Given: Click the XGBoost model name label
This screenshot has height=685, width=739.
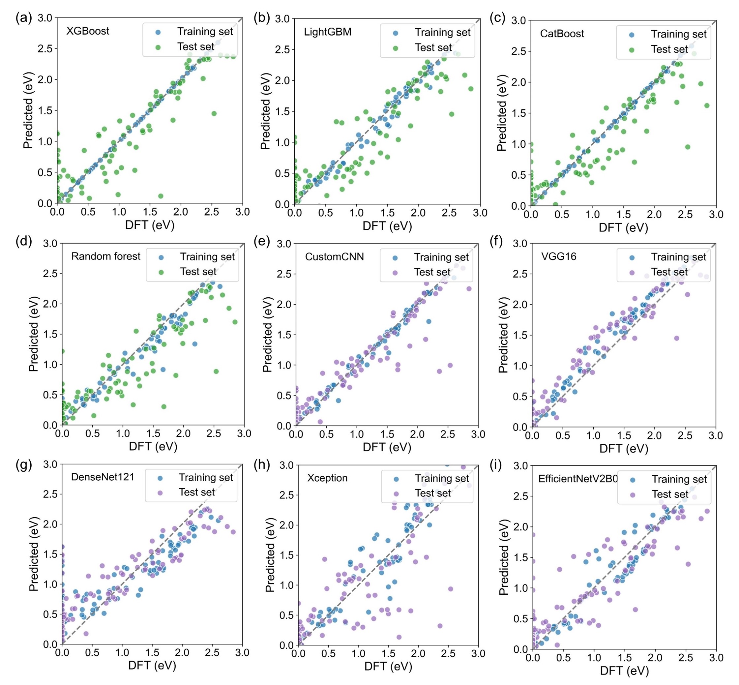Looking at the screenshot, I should coord(88,31).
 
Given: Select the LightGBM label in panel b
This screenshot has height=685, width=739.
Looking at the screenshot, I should coord(328,32).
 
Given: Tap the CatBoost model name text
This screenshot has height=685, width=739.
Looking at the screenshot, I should coord(562,34).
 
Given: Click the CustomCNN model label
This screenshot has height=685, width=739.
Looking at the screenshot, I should coord(334,256).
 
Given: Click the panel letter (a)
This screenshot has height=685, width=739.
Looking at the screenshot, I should coord(24,18).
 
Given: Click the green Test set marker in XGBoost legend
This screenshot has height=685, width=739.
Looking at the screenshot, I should coord(158,47).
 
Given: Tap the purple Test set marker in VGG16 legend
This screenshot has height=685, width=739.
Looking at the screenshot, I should coord(632,272).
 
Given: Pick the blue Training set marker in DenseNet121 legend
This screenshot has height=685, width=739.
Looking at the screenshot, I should coord(160,478).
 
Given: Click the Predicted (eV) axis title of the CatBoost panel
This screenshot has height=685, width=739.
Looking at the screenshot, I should coord(501,113).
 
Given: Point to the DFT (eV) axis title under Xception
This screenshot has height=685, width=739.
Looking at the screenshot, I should coord(388,666).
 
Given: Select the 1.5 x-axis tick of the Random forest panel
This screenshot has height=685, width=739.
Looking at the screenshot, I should coord(153,433).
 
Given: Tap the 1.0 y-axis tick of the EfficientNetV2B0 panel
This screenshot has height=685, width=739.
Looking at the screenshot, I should coord(520,588).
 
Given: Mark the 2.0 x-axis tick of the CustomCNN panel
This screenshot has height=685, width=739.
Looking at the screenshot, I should coord(417,434).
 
